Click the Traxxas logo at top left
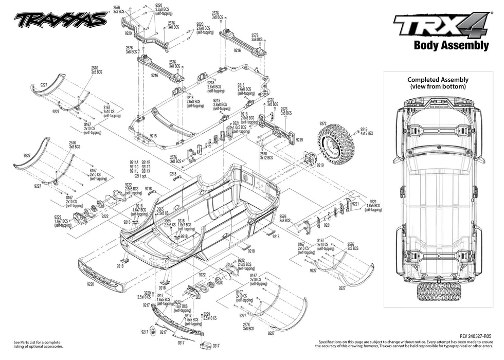[x=60, y=20]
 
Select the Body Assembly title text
[x=451, y=45]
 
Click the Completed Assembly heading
[x=438, y=80]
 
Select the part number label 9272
[x=323, y=123]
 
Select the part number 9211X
[x=146, y=171]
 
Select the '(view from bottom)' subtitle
[x=438, y=86]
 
